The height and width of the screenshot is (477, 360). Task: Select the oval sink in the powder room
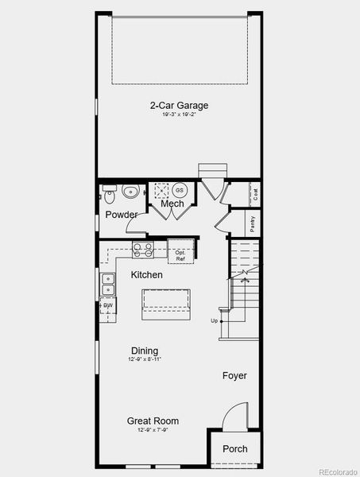(130, 191)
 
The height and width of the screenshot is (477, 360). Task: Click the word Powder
(121, 215)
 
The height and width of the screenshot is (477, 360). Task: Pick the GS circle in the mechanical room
(180, 191)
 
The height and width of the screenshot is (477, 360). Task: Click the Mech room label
(172, 204)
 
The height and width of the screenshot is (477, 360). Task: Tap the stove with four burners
(143, 250)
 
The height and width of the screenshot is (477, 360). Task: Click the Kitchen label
(147, 275)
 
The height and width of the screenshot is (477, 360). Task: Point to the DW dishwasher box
(106, 305)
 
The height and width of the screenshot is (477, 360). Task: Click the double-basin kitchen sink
(106, 285)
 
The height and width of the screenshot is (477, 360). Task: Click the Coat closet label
(255, 193)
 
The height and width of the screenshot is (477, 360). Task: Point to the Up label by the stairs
(214, 321)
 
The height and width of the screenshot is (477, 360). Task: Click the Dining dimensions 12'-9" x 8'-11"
(145, 360)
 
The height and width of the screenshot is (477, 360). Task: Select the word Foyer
(234, 375)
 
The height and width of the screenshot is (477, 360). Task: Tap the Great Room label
(153, 421)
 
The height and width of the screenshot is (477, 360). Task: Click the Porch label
(234, 449)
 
